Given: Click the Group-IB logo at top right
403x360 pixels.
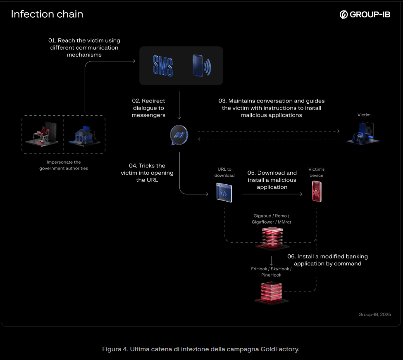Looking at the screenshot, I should pos(365,14).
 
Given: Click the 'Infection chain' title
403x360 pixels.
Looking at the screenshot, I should pos(47,14).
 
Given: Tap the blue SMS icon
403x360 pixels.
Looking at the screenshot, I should pos(163,65).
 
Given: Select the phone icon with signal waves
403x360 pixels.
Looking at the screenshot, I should pos(201,65).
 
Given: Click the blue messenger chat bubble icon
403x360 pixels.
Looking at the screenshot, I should pos(179,135).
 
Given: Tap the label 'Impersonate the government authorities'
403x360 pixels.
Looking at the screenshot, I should pos(64,165).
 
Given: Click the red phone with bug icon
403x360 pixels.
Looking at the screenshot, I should pos(317,193).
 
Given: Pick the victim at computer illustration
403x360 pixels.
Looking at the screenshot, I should pos(362,134).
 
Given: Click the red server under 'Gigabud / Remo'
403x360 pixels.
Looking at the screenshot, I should pos(272,239).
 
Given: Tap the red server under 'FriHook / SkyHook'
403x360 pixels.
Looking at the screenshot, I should pos(271,292).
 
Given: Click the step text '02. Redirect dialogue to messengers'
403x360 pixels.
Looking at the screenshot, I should pos(148,108).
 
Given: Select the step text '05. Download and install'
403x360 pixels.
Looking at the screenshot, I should pos(272,180).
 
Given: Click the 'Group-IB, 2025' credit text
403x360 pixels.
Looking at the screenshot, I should pos(374,315).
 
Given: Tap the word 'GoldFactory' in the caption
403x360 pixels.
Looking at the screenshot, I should pos(279,349).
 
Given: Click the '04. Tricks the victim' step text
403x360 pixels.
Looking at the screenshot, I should pos(147,173).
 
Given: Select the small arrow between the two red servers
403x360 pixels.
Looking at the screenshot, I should pos(271,261).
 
